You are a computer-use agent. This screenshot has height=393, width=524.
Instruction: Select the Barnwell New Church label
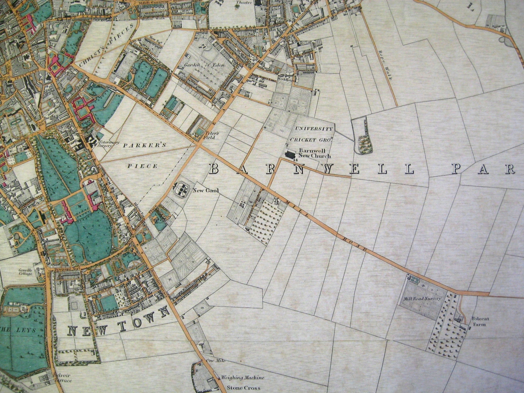[312, 154]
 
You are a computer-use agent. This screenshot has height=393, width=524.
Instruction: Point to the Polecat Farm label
[478, 321]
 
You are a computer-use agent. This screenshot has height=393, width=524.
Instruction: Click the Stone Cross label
[244, 388]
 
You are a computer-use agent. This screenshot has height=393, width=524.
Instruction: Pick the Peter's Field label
[210, 135]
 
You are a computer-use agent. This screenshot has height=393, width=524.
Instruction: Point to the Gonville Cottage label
[25, 271]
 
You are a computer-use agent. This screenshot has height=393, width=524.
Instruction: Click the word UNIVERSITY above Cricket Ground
[313, 129]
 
